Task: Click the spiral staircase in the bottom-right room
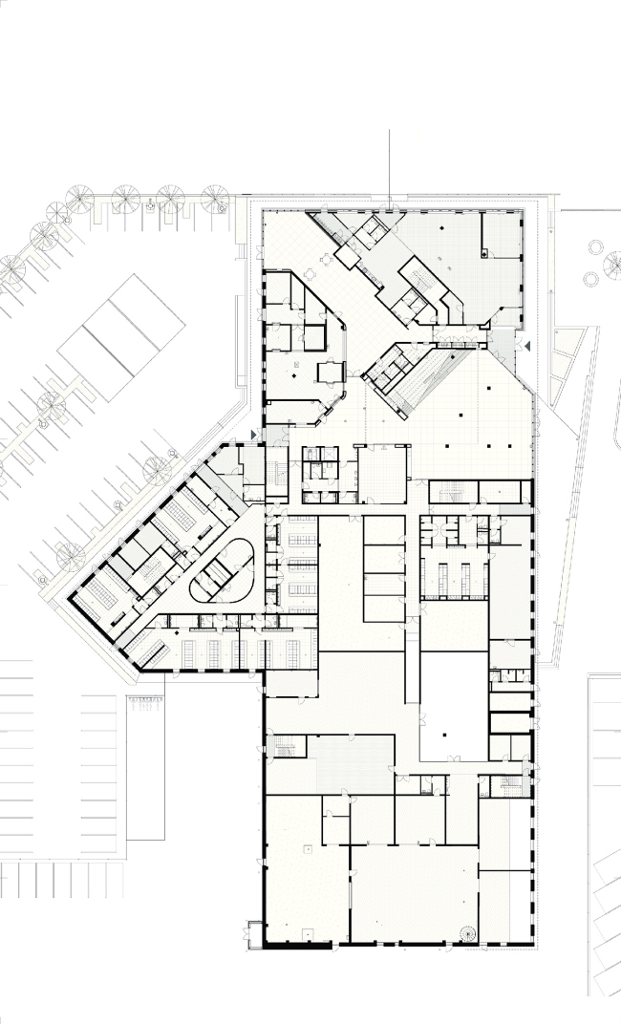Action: click(x=467, y=934)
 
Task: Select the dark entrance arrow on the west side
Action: click(x=253, y=435)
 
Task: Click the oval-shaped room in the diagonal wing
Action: click(x=223, y=569)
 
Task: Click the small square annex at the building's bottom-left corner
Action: click(x=253, y=934)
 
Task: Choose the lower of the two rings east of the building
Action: click(x=590, y=279)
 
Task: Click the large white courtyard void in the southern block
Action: click(x=453, y=705)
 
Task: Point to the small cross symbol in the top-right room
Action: click(x=485, y=253)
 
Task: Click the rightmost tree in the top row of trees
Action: click(x=214, y=198)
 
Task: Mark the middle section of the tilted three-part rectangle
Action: click(x=121, y=337)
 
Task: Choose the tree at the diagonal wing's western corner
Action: click(x=70, y=553)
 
